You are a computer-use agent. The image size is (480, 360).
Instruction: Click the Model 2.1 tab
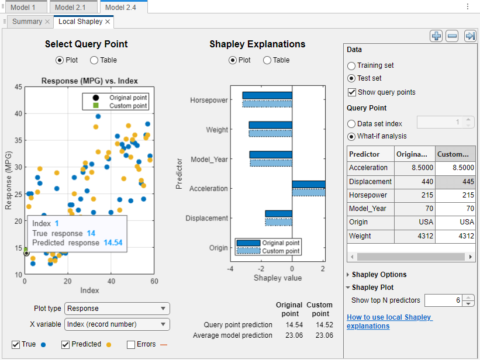73,7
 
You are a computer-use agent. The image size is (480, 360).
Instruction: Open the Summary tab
27,22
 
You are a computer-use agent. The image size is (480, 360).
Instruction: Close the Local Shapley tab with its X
108,22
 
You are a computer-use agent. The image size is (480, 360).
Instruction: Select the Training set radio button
351,66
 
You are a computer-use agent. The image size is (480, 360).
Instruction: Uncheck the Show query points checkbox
352,92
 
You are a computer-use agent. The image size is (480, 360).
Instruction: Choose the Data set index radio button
351,124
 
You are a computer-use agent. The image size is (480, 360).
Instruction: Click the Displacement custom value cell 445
454,182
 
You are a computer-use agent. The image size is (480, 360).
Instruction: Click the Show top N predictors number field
443,300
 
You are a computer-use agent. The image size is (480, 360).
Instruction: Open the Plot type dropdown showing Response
116,309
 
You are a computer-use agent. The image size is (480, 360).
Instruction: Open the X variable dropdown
116,324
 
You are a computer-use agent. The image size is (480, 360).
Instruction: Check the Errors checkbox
131,345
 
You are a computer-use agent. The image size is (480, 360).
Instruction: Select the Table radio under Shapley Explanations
267,60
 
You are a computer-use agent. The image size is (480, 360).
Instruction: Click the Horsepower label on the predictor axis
209,101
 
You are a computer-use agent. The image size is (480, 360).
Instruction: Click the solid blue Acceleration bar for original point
308,184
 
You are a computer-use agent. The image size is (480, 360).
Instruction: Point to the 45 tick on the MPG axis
18,87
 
